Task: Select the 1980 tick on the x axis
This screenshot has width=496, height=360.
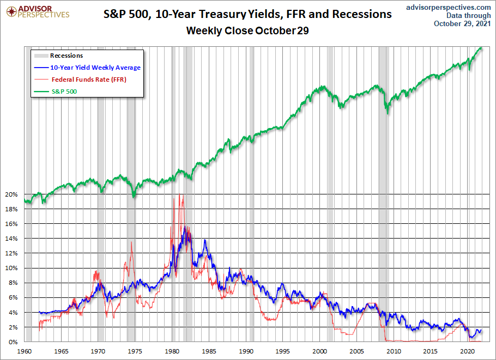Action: (x=173, y=351)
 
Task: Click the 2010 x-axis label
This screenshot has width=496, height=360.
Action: (x=394, y=351)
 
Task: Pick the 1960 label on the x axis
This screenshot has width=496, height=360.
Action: (x=25, y=351)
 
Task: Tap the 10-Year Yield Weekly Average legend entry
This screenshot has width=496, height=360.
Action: (x=95, y=68)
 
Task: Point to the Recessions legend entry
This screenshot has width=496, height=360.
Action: (x=66, y=56)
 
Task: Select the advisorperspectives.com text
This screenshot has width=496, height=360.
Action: (x=449, y=7)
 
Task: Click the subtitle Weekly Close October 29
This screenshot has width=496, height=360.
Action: (x=247, y=30)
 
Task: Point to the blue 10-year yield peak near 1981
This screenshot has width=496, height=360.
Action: (x=185, y=226)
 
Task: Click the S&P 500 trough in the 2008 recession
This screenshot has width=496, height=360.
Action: (x=387, y=113)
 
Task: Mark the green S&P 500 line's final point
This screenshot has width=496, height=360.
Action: (x=482, y=48)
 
